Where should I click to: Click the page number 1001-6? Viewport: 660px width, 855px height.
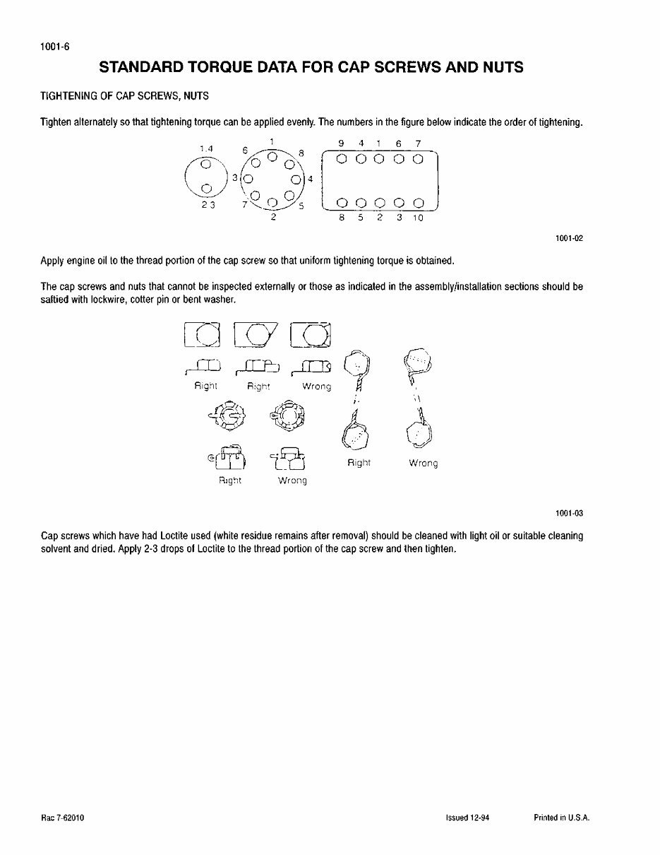click(54, 47)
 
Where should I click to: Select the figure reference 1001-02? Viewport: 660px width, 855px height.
click(570, 239)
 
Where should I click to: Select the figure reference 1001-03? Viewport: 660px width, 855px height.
click(570, 514)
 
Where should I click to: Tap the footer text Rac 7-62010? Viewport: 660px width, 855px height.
click(64, 818)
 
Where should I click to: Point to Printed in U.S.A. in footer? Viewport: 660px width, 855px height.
click(561, 818)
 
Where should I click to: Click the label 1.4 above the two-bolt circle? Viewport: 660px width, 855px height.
click(206, 148)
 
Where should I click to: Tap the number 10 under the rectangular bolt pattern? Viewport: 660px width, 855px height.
click(417, 218)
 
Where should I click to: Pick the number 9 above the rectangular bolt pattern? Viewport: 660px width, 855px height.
click(342, 143)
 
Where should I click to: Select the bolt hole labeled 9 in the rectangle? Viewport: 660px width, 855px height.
click(342, 159)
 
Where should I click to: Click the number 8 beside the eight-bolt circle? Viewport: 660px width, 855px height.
click(301, 153)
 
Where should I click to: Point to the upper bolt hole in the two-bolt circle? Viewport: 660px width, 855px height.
click(205, 164)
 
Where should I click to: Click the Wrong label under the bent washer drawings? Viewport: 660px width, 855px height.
click(316, 387)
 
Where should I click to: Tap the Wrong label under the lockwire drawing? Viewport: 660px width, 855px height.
click(423, 464)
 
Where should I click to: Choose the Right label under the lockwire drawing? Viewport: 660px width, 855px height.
click(359, 463)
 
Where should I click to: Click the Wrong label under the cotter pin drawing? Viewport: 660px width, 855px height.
click(292, 480)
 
